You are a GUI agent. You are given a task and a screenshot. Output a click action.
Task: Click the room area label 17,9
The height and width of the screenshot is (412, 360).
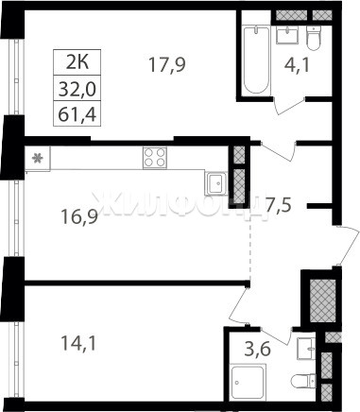pos(167,65)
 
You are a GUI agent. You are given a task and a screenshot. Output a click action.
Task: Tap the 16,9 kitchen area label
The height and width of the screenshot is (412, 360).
pos(80,217)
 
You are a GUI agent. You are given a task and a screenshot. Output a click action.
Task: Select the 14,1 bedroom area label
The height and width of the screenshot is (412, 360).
pos(78,343)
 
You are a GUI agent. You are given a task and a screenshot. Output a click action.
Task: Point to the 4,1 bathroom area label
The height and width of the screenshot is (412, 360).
pos(298,66)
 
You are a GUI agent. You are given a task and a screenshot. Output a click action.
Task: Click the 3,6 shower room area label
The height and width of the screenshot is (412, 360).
pos(258,350)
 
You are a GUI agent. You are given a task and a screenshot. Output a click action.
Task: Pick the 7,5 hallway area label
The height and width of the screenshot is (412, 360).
pos(279,205)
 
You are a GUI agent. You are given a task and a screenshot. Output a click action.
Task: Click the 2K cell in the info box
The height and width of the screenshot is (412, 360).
pos(77,62)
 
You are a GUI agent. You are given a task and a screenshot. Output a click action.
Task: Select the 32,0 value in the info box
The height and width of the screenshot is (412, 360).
pos(77,89)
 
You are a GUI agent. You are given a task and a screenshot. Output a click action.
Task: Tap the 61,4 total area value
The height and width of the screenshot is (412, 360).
pos(77,114)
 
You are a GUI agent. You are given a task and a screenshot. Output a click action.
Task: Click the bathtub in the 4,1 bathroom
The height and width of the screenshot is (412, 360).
pos(257,60)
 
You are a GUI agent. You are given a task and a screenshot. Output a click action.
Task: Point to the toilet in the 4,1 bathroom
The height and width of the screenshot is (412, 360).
pos(314,38)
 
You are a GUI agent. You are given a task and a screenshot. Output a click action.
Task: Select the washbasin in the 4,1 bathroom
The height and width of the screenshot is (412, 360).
pos(287,35)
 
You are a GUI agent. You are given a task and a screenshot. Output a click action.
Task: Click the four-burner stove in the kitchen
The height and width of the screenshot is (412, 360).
pos(155,158)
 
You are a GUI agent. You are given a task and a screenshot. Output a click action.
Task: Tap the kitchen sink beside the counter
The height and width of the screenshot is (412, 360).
pos(216,182)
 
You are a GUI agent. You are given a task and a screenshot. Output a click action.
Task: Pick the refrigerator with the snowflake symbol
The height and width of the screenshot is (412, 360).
pos(38,159)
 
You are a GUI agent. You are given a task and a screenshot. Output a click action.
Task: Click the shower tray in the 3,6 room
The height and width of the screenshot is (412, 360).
pos(248,383)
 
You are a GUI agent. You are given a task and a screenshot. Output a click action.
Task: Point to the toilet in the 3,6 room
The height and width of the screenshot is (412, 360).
pos(303,381)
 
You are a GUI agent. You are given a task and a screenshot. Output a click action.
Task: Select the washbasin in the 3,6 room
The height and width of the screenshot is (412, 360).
pos(306,349)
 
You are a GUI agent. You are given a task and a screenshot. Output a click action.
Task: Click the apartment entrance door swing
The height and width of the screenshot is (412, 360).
pos(349,246)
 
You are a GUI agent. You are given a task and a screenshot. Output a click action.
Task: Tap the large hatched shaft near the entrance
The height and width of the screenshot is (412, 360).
pos(323,300)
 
